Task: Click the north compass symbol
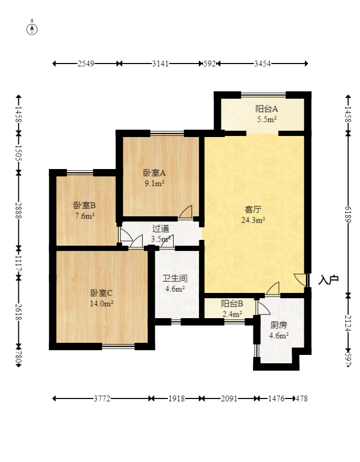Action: click(x=32, y=29)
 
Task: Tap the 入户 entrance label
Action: click(x=328, y=280)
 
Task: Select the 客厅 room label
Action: click(x=253, y=209)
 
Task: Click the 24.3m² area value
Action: click(x=253, y=220)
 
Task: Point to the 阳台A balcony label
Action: click(x=266, y=109)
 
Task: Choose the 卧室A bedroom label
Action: click(x=154, y=172)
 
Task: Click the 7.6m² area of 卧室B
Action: click(x=84, y=216)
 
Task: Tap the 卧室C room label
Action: click(x=101, y=293)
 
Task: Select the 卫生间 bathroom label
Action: click(x=175, y=278)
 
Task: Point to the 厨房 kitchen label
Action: click(x=278, y=325)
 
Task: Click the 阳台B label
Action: click(x=232, y=303)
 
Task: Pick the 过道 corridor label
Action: click(x=161, y=228)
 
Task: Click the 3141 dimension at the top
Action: click(x=160, y=64)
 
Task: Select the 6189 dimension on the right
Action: click(x=348, y=215)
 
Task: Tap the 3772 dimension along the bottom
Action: click(x=102, y=398)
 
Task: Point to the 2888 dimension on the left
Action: click(x=18, y=211)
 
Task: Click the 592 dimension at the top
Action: click(x=209, y=64)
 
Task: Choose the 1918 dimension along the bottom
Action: click(x=176, y=398)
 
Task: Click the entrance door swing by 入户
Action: click(x=301, y=280)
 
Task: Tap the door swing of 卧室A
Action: click(x=186, y=212)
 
